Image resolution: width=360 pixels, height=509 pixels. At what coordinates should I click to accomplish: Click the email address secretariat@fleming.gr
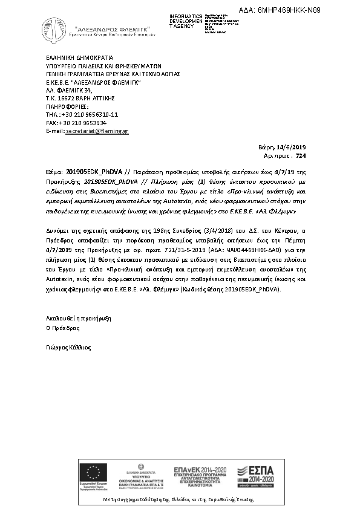click(x=97, y=131)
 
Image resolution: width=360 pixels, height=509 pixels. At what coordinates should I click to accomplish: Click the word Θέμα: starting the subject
click(x=54, y=172)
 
